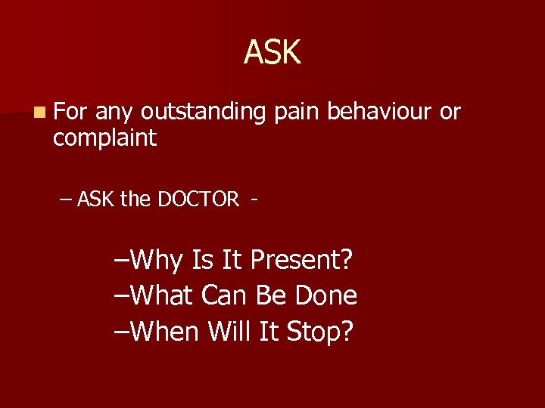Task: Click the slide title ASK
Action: point(272,53)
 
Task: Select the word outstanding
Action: point(203,113)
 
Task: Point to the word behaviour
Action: point(380,112)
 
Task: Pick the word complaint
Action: point(104,138)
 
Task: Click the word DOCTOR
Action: point(198,199)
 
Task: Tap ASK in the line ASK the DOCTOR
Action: point(95,199)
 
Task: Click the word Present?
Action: point(301,261)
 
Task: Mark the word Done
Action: point(328,295)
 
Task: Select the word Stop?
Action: point(319,330)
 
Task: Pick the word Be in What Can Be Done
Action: point(275,295)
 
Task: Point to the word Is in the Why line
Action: point(203,261)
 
